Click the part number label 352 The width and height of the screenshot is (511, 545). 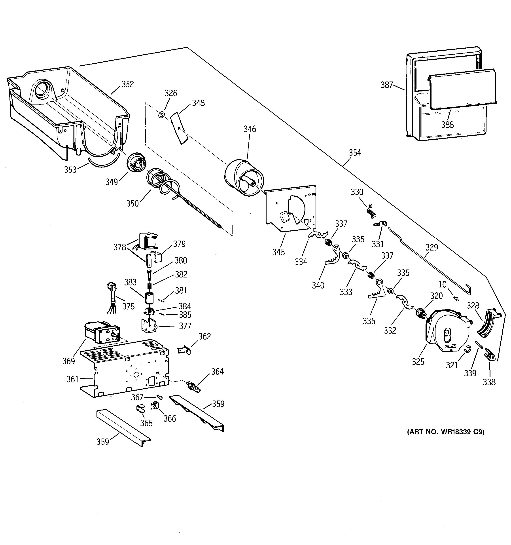pos(128,84)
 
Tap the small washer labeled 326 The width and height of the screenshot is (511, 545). pos(161,115)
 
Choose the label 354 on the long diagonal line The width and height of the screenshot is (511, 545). pos(355,153)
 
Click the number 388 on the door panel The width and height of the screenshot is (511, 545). pos(447,125)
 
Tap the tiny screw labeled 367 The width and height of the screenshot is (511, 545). pos(159,397)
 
